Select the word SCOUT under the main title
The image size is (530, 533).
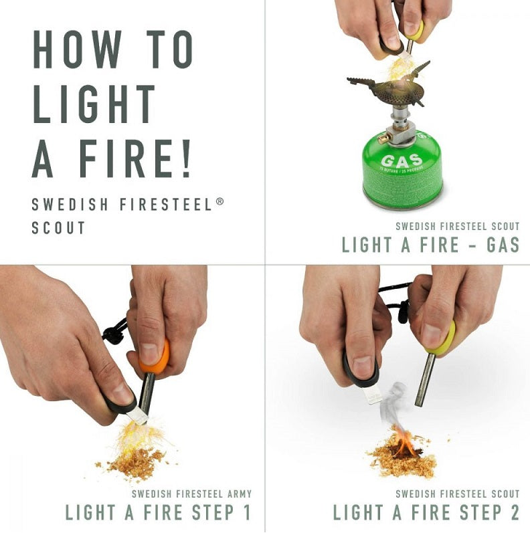(58, 227)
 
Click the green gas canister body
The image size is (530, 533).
(402, 177)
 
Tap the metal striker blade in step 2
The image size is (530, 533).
(371, 395)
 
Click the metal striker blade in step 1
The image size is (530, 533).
(138, 416)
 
